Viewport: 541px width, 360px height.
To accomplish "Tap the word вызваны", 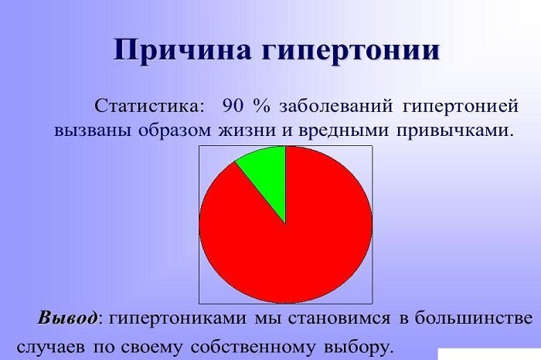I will pos(94,131).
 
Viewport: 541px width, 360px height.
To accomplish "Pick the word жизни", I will pos(242,131).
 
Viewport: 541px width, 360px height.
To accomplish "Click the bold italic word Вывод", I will pos(68,318).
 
